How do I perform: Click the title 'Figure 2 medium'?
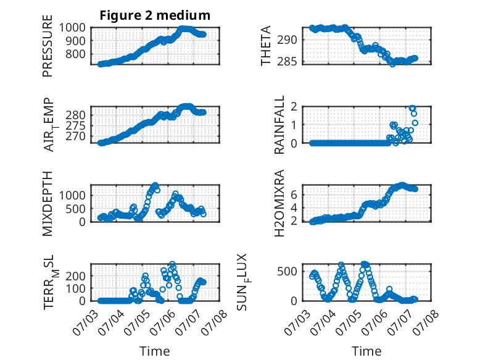coord(155,15)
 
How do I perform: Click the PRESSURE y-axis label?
coord(48,46)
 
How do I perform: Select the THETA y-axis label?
coord(266,46)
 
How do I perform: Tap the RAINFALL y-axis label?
coord(279,125)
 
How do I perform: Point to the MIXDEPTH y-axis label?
coord(48,204)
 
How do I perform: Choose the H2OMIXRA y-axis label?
coord(279,203)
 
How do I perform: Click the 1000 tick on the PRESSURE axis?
coord(72,28)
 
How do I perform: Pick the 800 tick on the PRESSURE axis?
coord(76,54)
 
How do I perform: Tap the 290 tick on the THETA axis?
coord(287,40)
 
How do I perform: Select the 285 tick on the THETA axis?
coord(287,62)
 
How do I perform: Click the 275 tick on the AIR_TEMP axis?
coord(76,125)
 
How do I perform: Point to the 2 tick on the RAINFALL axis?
coord(294,107)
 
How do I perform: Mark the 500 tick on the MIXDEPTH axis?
coord(76,209)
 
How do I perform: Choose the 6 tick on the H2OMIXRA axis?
coord(294,195)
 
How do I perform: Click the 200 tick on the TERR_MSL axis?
coord(76,276)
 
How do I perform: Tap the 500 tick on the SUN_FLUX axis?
coord(287,271)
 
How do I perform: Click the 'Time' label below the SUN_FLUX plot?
coord(366,351)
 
